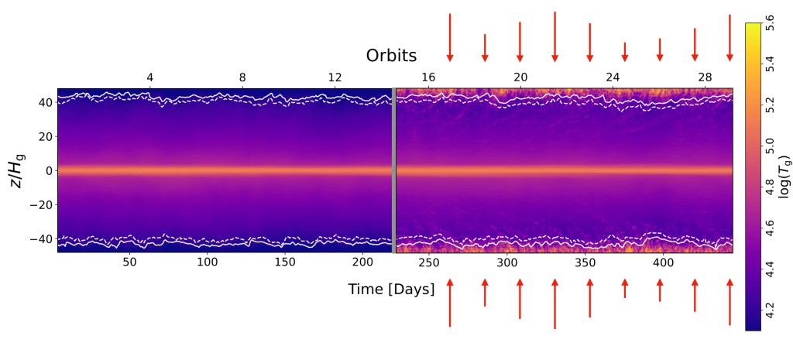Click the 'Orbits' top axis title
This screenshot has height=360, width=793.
[x=391, y=56]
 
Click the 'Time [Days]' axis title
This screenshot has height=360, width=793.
[x=391, y=289]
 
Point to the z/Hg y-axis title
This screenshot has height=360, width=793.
[x=22, y=171]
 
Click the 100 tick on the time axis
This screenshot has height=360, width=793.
[x=208, y=263]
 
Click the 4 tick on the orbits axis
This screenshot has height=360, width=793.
[x=149, y=78]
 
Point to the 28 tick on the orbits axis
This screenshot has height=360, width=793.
[x=705, y=78]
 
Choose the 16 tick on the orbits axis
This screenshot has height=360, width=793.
[x=427, y=78]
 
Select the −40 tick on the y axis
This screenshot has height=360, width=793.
[x=41, y=238]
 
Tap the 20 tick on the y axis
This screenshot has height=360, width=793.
[x=44, y=136]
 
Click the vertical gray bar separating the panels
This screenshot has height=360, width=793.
[x=393, y=170]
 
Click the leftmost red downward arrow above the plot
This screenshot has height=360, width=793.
[x=449, y=37]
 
